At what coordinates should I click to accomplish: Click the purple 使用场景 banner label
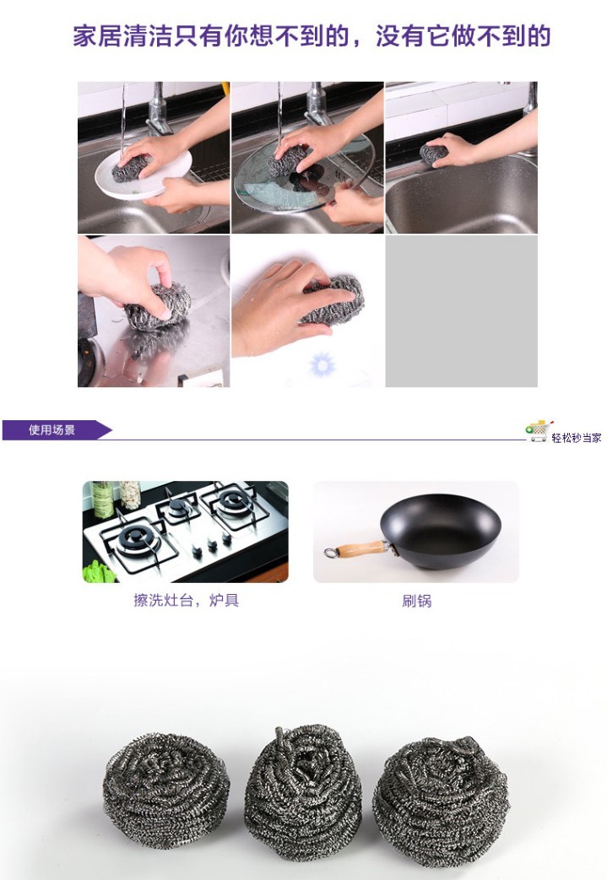52,430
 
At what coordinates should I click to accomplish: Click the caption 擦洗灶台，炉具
186,601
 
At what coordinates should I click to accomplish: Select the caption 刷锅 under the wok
417,602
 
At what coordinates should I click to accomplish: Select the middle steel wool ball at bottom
302,780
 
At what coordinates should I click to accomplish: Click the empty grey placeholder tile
461,311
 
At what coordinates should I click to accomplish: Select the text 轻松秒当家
577,437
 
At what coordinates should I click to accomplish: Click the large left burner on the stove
139,538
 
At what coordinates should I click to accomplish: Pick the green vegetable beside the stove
99,571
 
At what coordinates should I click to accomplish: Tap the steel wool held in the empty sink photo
436,154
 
